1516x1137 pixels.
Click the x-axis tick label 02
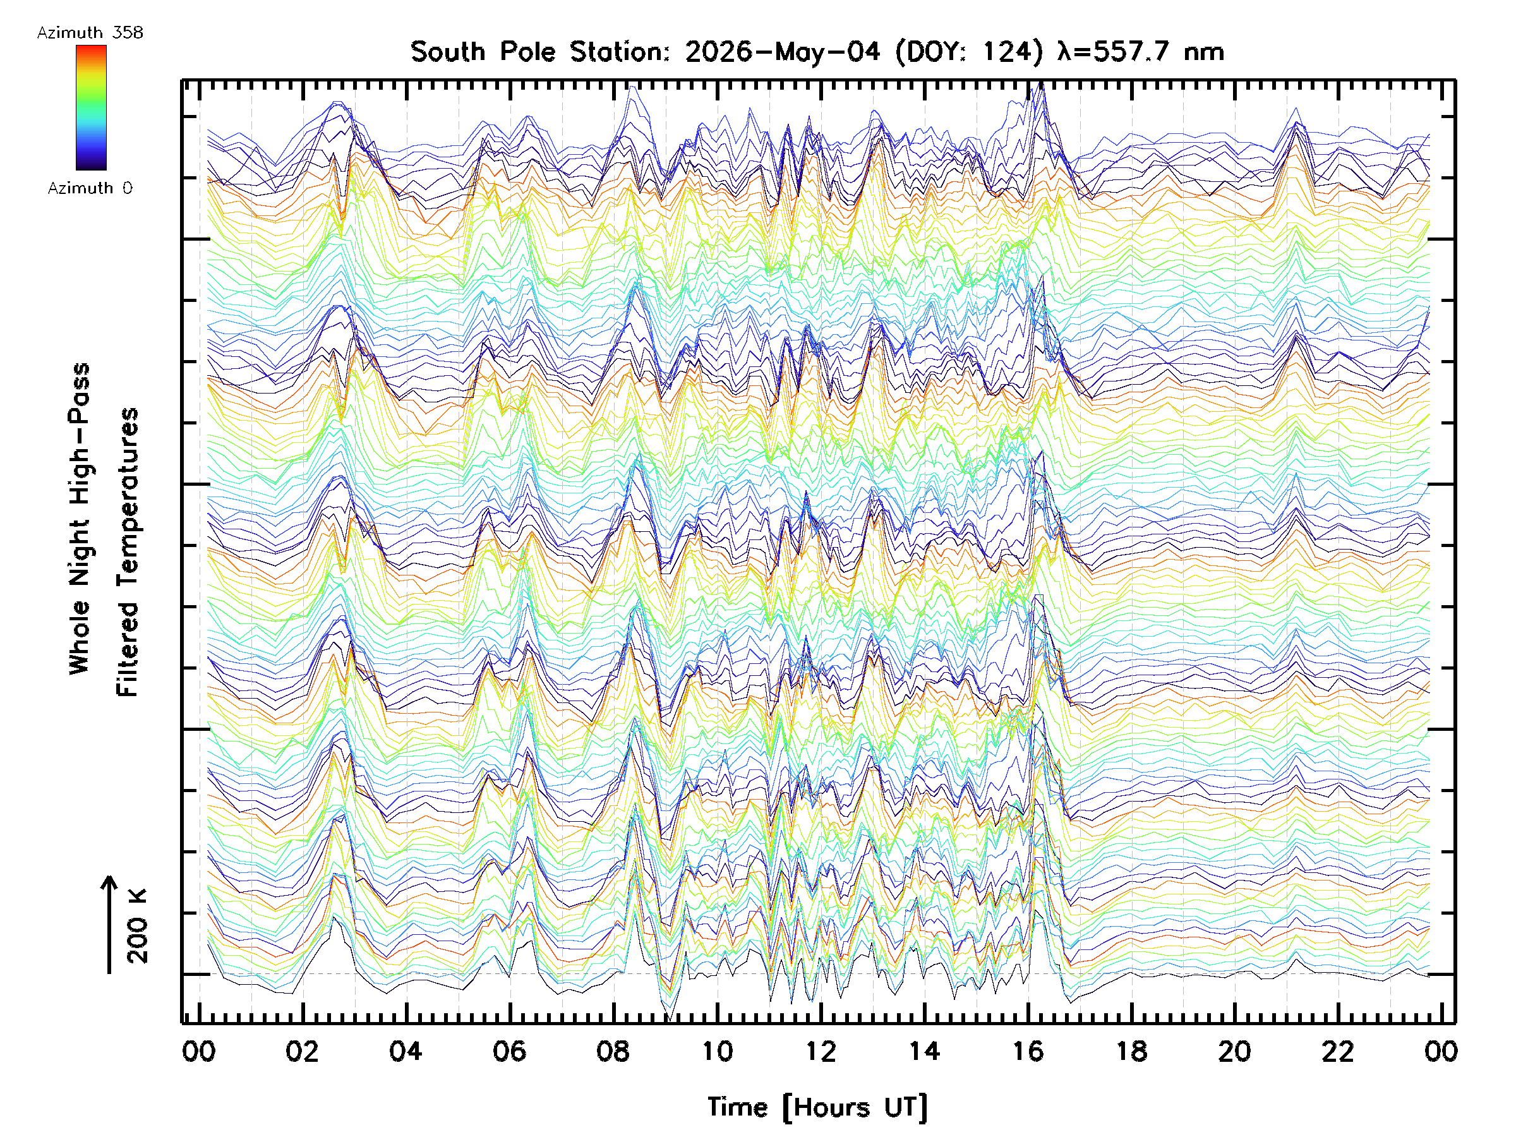pyautogui.click(x=302, y=1051)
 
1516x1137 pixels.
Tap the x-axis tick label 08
pyautogui.click(x=613, y=1051)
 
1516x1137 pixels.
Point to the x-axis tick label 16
pyautogui.click(x=1027, y=1051)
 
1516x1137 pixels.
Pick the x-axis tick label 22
pyautogui.click(x=1338, y=1051)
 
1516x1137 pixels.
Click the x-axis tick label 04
pyautogui.click(x=406, y=1051)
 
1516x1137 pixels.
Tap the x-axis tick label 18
pyautogui.click(x=1131, y=1051)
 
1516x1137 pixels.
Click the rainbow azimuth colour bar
pyautogui.click(x=91, y=107)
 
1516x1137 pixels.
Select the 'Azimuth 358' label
pyautogui.click(x=90, y=32)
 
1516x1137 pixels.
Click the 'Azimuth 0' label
pyautogui.click(x=90, y=188)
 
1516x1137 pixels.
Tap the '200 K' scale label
pyautogui.click(x=137, y=926)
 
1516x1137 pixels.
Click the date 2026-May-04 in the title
pyautogui.click(x=782, y=52)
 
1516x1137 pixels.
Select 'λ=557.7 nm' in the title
pyautogui.click(x=1141, y=52)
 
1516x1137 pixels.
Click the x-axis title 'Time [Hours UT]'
pyautogui.click(x=817, y=1107)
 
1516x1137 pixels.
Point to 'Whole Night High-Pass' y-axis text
pyautogui.click(x=80, y=519)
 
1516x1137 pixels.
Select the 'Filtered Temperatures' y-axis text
pyautogui.click(x=128, y=553)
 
